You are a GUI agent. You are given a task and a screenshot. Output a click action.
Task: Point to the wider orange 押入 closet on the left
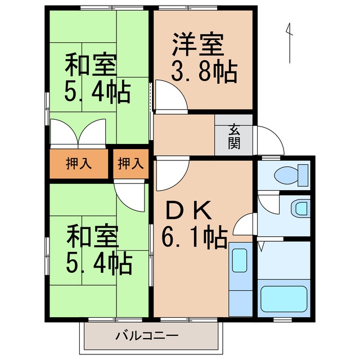[78, 164]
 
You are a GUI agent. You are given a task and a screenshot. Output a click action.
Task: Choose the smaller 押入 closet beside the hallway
[130, 164]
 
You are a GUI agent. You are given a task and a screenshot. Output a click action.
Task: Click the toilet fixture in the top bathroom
[290, 174]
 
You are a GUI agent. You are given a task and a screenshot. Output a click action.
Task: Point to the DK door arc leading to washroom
[244, 225]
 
